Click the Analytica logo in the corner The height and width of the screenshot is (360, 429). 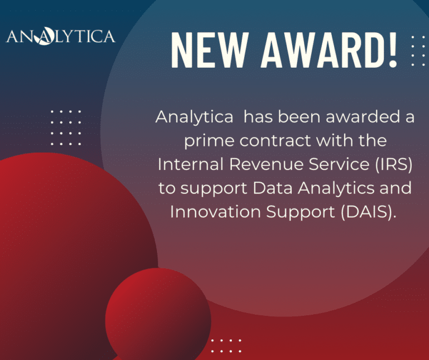(61, 36)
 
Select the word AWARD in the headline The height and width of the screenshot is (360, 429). (322, 50)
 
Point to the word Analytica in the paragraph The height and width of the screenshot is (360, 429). (194, 117)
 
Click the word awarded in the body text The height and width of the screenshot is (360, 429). (363, 117)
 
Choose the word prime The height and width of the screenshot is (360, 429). (209, 141)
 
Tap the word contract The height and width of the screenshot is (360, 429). (275, 141)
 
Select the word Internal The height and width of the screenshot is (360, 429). (190, 164)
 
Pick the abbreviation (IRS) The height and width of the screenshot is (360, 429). (394, 164)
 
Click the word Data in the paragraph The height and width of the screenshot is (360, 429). (273, 188)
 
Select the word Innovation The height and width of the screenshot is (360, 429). (215, 212)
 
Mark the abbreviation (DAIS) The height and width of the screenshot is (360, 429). (369, 212)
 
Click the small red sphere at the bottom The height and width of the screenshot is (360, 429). (158, 315)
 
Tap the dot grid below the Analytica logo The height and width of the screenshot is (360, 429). (66, 127)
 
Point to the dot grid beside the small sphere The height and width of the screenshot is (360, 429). (226, 346)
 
